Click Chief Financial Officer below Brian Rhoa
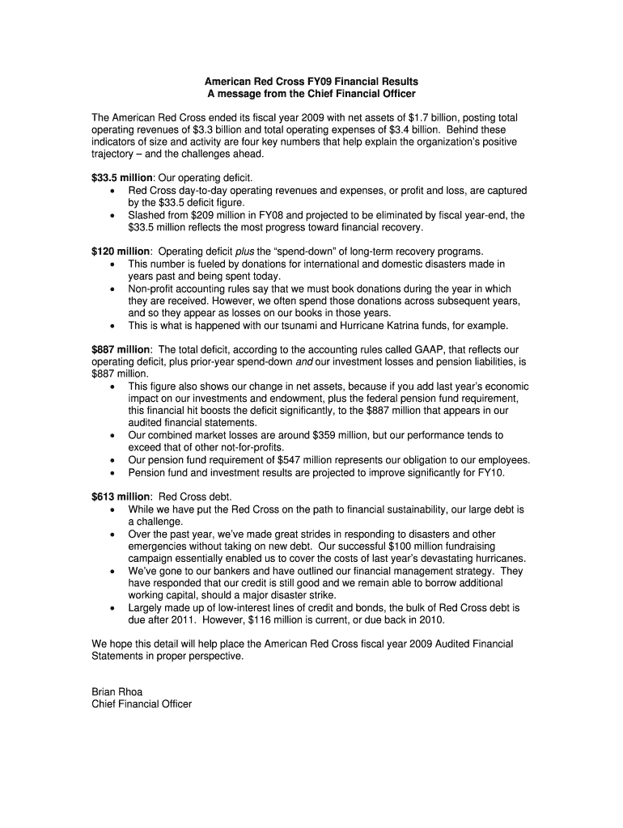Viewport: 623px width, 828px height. pos(142,704)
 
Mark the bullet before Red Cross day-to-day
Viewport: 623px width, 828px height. pos(111,191)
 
